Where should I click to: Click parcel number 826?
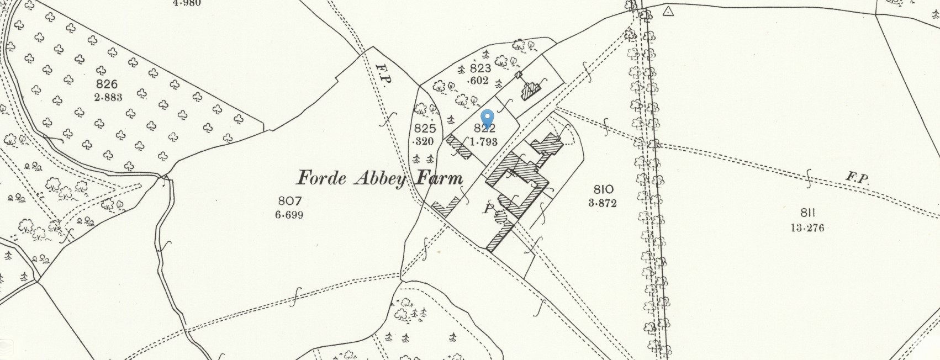pyautogui.click(x=107, y=84)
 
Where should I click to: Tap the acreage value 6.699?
pyautogui.click(x=289, y=215)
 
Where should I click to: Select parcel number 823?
pyautogui.click(x=480, y=68)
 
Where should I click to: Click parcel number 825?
pyautogui.click(x=425, y=129)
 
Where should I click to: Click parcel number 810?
pyautogui.click(x=602, y=190)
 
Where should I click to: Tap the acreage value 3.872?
pyautogui.click(x=602, y=203)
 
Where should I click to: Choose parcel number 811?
pyautogui.click(x=807, y=213)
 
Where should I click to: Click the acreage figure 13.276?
pyautogui.click(x=807, y=227)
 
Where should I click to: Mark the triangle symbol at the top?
pyautogui.click(x=669, y=10)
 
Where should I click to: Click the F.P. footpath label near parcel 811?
pyautogui.click(x=857, y=178)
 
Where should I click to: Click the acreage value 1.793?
pyautogui.click(x=484, y=141)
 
